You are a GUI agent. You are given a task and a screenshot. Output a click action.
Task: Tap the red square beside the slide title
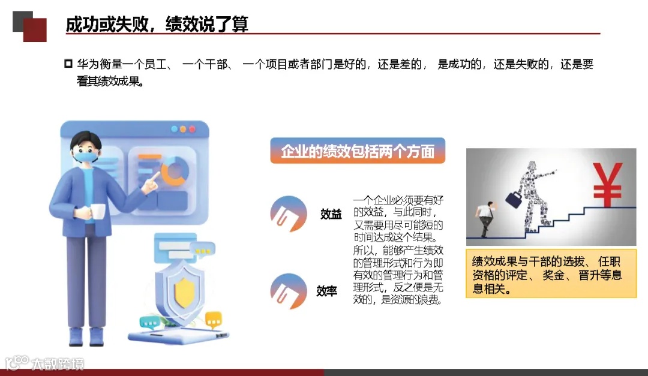[x=35, y=30]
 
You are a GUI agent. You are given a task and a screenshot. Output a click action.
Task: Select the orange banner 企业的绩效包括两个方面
[x=358, y=151]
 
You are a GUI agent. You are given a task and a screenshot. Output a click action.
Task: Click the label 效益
[x=331, y=214]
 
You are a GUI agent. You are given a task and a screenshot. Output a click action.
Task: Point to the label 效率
[x=327, y=291]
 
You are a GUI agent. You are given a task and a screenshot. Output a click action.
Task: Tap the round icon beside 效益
[x=289, y=213]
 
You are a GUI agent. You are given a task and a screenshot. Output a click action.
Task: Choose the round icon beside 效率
[x=289, y=291]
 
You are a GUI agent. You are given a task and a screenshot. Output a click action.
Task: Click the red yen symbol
[x=607, y=184]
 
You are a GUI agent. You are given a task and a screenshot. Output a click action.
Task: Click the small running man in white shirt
[x=487, y=219]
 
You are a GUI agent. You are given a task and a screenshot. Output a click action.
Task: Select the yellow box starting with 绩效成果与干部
[x=551, y=274]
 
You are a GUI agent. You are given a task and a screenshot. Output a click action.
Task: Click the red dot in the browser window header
[x=192, y=129]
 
